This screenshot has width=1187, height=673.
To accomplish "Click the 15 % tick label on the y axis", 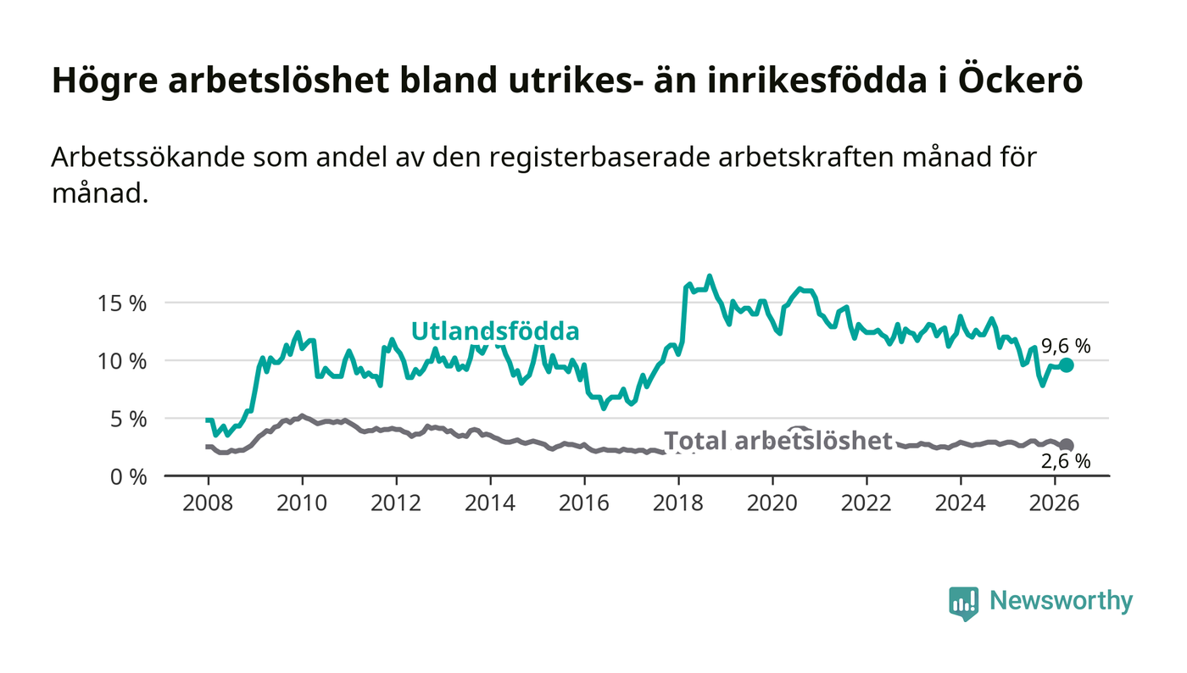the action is point(121,304).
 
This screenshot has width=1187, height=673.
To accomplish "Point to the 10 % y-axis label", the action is point(121,362).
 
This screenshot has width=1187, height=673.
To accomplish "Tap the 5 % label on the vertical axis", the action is point(128,420).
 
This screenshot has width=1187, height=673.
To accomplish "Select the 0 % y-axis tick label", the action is point(128,477).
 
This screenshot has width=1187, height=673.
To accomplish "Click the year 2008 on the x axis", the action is point(208,503).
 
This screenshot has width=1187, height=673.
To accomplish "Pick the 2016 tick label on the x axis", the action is point(584,503).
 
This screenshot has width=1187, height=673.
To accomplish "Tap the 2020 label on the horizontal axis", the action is point(772,503).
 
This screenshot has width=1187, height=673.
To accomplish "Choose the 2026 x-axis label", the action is point(1054,503).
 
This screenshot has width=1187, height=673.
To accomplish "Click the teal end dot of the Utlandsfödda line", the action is point(1067,365).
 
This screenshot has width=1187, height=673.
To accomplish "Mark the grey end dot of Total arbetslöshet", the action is point(1067,446).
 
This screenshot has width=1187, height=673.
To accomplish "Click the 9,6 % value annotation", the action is point(1066,347).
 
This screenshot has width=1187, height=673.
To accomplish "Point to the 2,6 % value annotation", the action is point(1066,462).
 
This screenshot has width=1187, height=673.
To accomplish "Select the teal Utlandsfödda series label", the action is point(495,331).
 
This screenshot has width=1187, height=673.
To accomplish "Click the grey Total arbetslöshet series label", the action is point(778,441).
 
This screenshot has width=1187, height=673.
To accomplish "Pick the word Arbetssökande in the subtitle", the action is point(148,158).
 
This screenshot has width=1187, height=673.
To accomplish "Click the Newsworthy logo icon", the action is point(963,603).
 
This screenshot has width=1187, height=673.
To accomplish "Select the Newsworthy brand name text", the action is point(1061,601).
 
